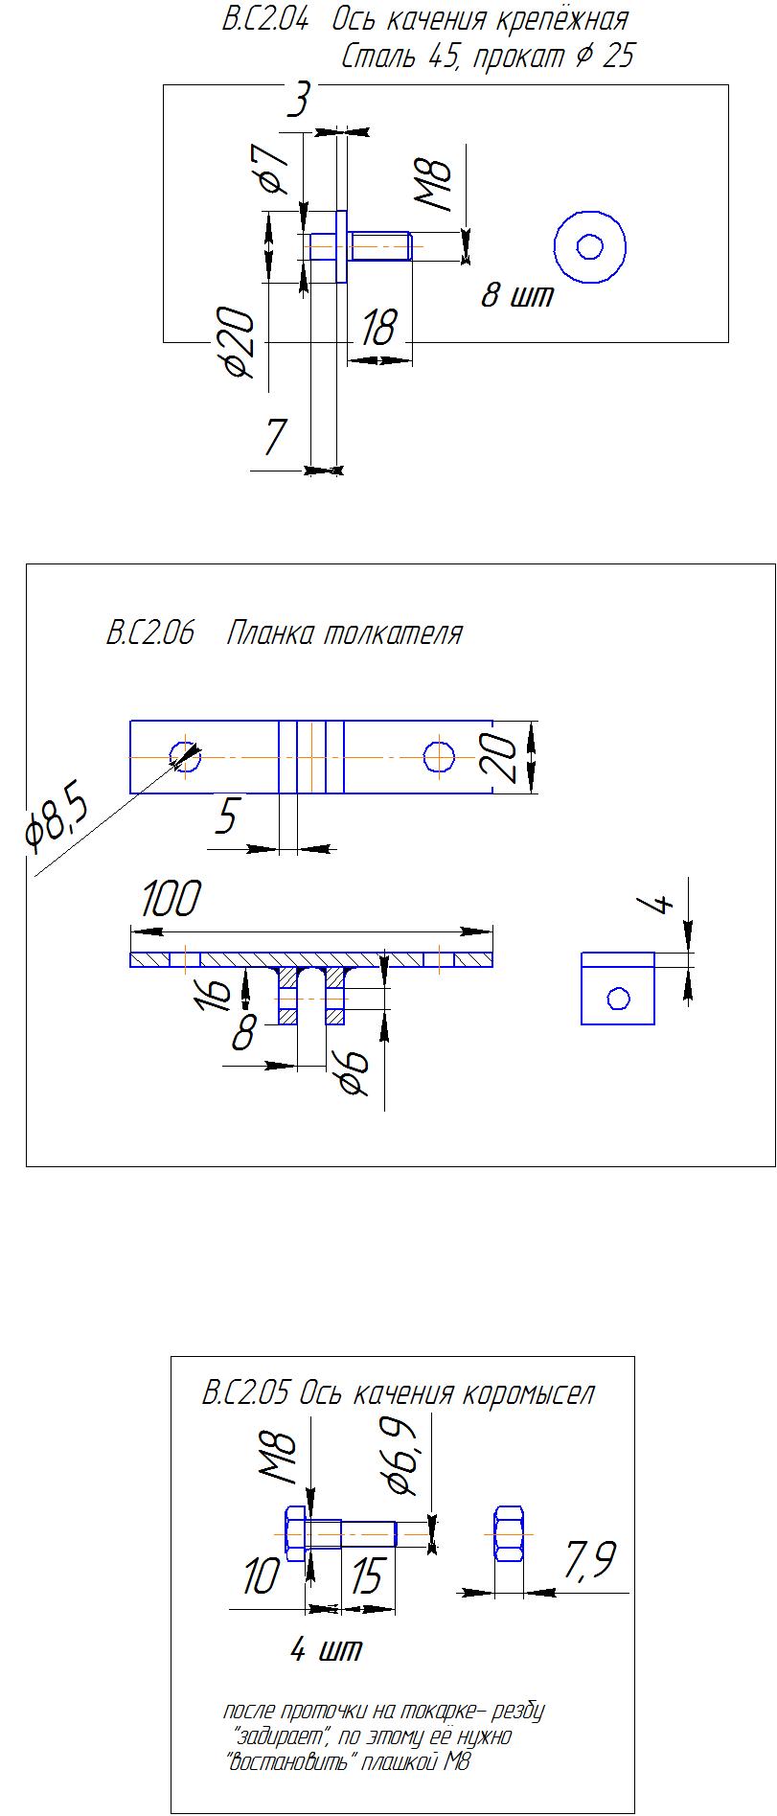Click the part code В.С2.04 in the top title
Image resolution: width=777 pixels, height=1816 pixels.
point(265,20)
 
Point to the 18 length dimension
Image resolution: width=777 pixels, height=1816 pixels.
point(377,329)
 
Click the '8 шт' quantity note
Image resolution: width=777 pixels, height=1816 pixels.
point(517,295)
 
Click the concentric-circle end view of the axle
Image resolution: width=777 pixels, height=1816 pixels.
point(590,247)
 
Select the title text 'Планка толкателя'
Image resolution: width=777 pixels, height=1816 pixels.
point(345,633)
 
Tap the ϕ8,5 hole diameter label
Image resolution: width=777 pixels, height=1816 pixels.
point(56,821)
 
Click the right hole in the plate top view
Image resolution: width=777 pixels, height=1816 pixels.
point(440,757)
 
